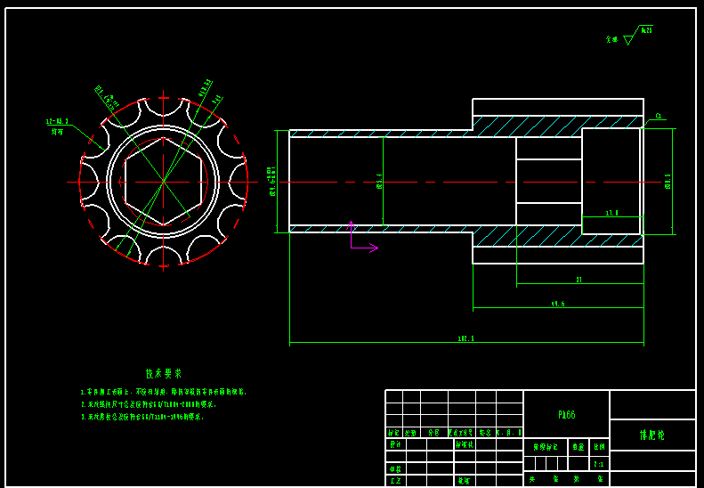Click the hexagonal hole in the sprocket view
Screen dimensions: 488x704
(x=163, y=182)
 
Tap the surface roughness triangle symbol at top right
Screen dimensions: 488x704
(x=628, y=40)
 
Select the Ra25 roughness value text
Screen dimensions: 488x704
(x=646, y=30)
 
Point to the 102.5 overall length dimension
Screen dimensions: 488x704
(x=465, y=338)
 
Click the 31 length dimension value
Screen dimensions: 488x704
(x=579, y=280)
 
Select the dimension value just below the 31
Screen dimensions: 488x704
(x=558, y=304)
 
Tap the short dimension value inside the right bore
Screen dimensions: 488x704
(x=611, y=213)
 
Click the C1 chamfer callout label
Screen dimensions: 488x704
(x=659, y=116)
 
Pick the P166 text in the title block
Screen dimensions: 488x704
(x=567, y=415)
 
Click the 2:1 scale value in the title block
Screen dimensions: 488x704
(x=598, y=464)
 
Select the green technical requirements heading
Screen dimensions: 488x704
(x=164, y=374)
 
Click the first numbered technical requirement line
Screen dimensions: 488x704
(x=163, y=392)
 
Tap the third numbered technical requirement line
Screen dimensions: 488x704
(x=142, y=417)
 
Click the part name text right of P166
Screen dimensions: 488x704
(x=651, y=435)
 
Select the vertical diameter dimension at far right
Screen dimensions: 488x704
(x=668, y=182)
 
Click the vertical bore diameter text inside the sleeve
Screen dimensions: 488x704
(x=379, y=182)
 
